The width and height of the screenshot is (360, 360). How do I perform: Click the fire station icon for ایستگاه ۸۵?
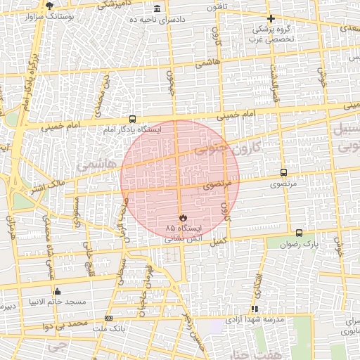(184, 217)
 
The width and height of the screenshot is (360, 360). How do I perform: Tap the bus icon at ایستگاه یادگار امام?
(133, 120)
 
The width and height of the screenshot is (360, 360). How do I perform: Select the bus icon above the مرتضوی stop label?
(283, 172)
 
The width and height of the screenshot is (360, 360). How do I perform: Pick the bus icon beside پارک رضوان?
(300, 233)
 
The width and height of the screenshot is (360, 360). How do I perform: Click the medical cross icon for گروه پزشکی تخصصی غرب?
(271, 18)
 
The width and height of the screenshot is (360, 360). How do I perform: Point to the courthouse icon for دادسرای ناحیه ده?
(156, 8)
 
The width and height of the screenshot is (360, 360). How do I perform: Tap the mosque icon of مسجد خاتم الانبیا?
(57, 291)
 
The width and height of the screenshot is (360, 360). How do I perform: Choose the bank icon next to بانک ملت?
(108, 319)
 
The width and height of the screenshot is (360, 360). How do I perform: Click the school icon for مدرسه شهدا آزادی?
(255, 308)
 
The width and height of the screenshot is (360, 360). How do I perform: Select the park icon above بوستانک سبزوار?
(49, 5)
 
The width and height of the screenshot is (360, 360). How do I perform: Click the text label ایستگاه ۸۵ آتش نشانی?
(184, 233)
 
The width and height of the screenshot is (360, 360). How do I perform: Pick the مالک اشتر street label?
(46, 187)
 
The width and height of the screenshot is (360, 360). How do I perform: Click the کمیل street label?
(219, 240)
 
